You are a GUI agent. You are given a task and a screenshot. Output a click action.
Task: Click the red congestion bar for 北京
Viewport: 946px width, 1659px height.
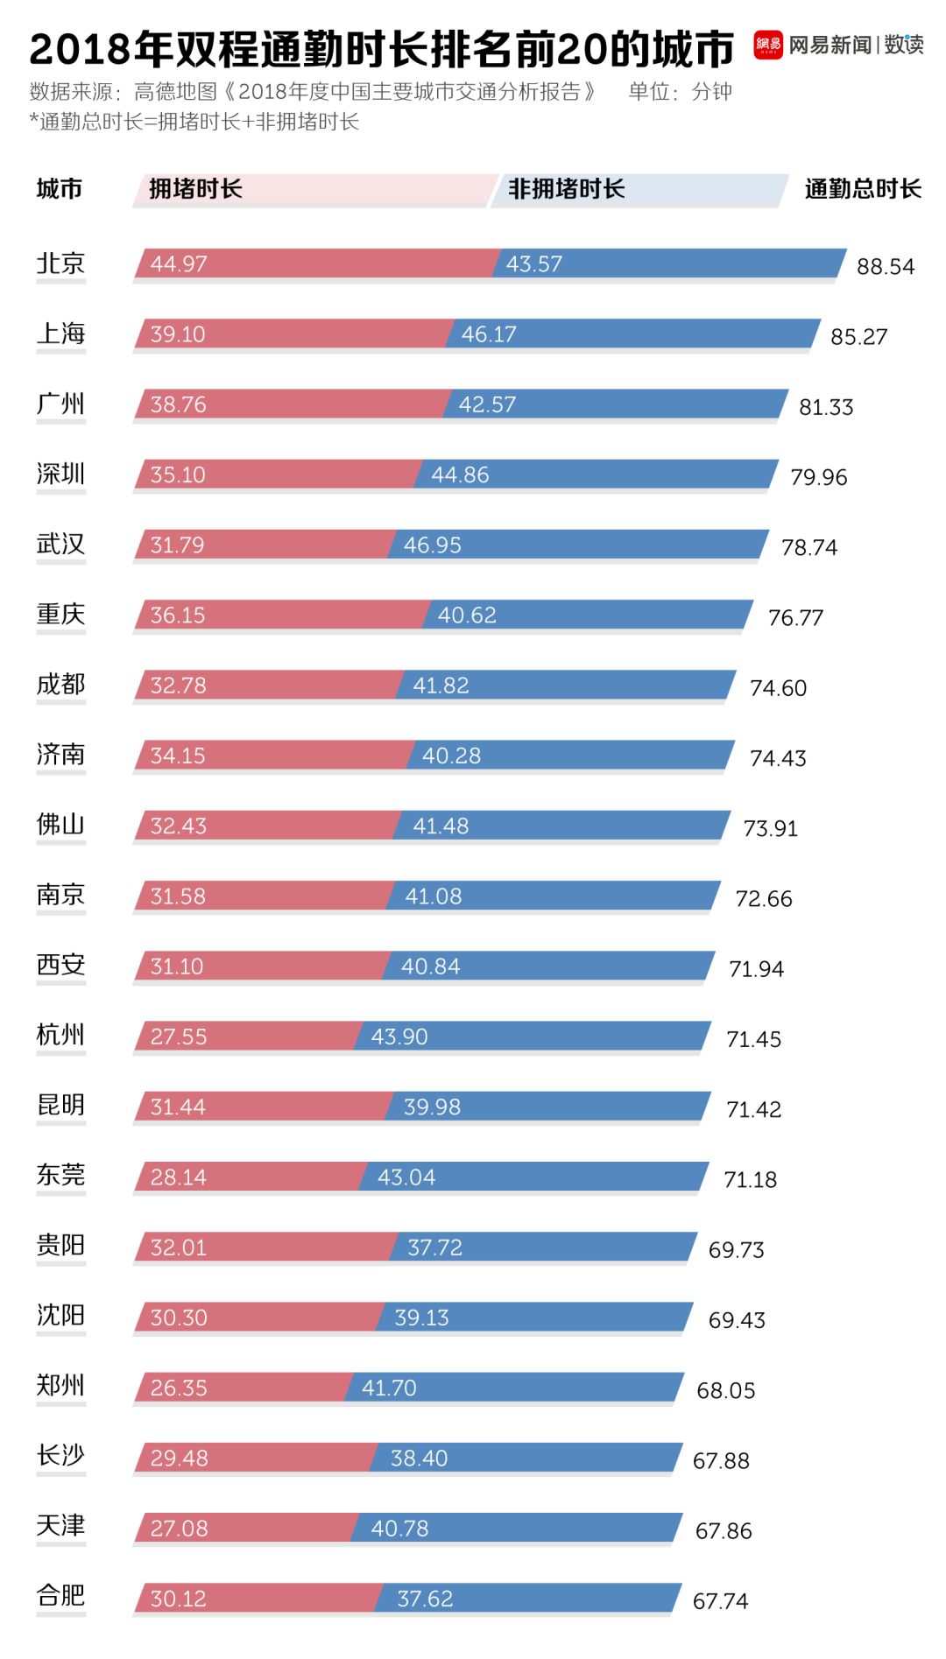(x=315, y=264)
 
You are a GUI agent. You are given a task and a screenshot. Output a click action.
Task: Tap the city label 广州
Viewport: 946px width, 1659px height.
(x=60, y=404)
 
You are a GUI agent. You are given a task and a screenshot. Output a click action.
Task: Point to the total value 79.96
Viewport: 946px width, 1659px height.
(x=818, y=477)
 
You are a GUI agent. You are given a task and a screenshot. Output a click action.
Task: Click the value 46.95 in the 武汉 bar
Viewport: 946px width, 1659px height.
(x=432, y=545)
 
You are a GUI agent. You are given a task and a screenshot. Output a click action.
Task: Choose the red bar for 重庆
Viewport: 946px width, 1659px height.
(x=280, y=615)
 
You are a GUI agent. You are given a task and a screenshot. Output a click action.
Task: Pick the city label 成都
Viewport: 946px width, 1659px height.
(x=60, y=685)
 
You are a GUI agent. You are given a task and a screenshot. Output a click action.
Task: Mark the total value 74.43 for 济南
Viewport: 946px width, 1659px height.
(x=778, y=758)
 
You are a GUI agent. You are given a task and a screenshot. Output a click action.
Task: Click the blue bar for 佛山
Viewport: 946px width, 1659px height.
(x=561, y=826)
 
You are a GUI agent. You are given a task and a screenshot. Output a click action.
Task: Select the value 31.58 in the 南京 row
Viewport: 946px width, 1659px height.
(x=178, y=896)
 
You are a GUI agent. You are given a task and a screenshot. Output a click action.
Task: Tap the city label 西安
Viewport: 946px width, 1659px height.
(x=60, y=965)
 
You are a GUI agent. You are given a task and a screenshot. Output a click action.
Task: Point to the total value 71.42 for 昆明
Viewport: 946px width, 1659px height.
(x=753, y=1109)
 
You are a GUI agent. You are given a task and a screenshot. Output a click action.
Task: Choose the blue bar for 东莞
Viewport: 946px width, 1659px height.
(x=534, y=1177)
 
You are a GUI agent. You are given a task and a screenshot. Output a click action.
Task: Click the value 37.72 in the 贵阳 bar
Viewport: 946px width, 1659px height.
(x=434, y=1248)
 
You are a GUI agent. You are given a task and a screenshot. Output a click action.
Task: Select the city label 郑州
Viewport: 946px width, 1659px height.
(x=60, y=1386)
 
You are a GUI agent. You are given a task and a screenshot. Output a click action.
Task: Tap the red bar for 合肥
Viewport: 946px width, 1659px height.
(x=258, y=1599)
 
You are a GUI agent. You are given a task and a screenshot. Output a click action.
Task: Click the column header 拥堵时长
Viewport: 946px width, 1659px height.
(x=195, y=189)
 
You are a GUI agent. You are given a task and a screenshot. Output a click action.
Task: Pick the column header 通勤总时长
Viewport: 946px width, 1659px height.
(x=862, y=189)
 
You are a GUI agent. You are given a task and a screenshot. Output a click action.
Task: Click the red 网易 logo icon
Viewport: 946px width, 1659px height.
(x=767, y=46)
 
